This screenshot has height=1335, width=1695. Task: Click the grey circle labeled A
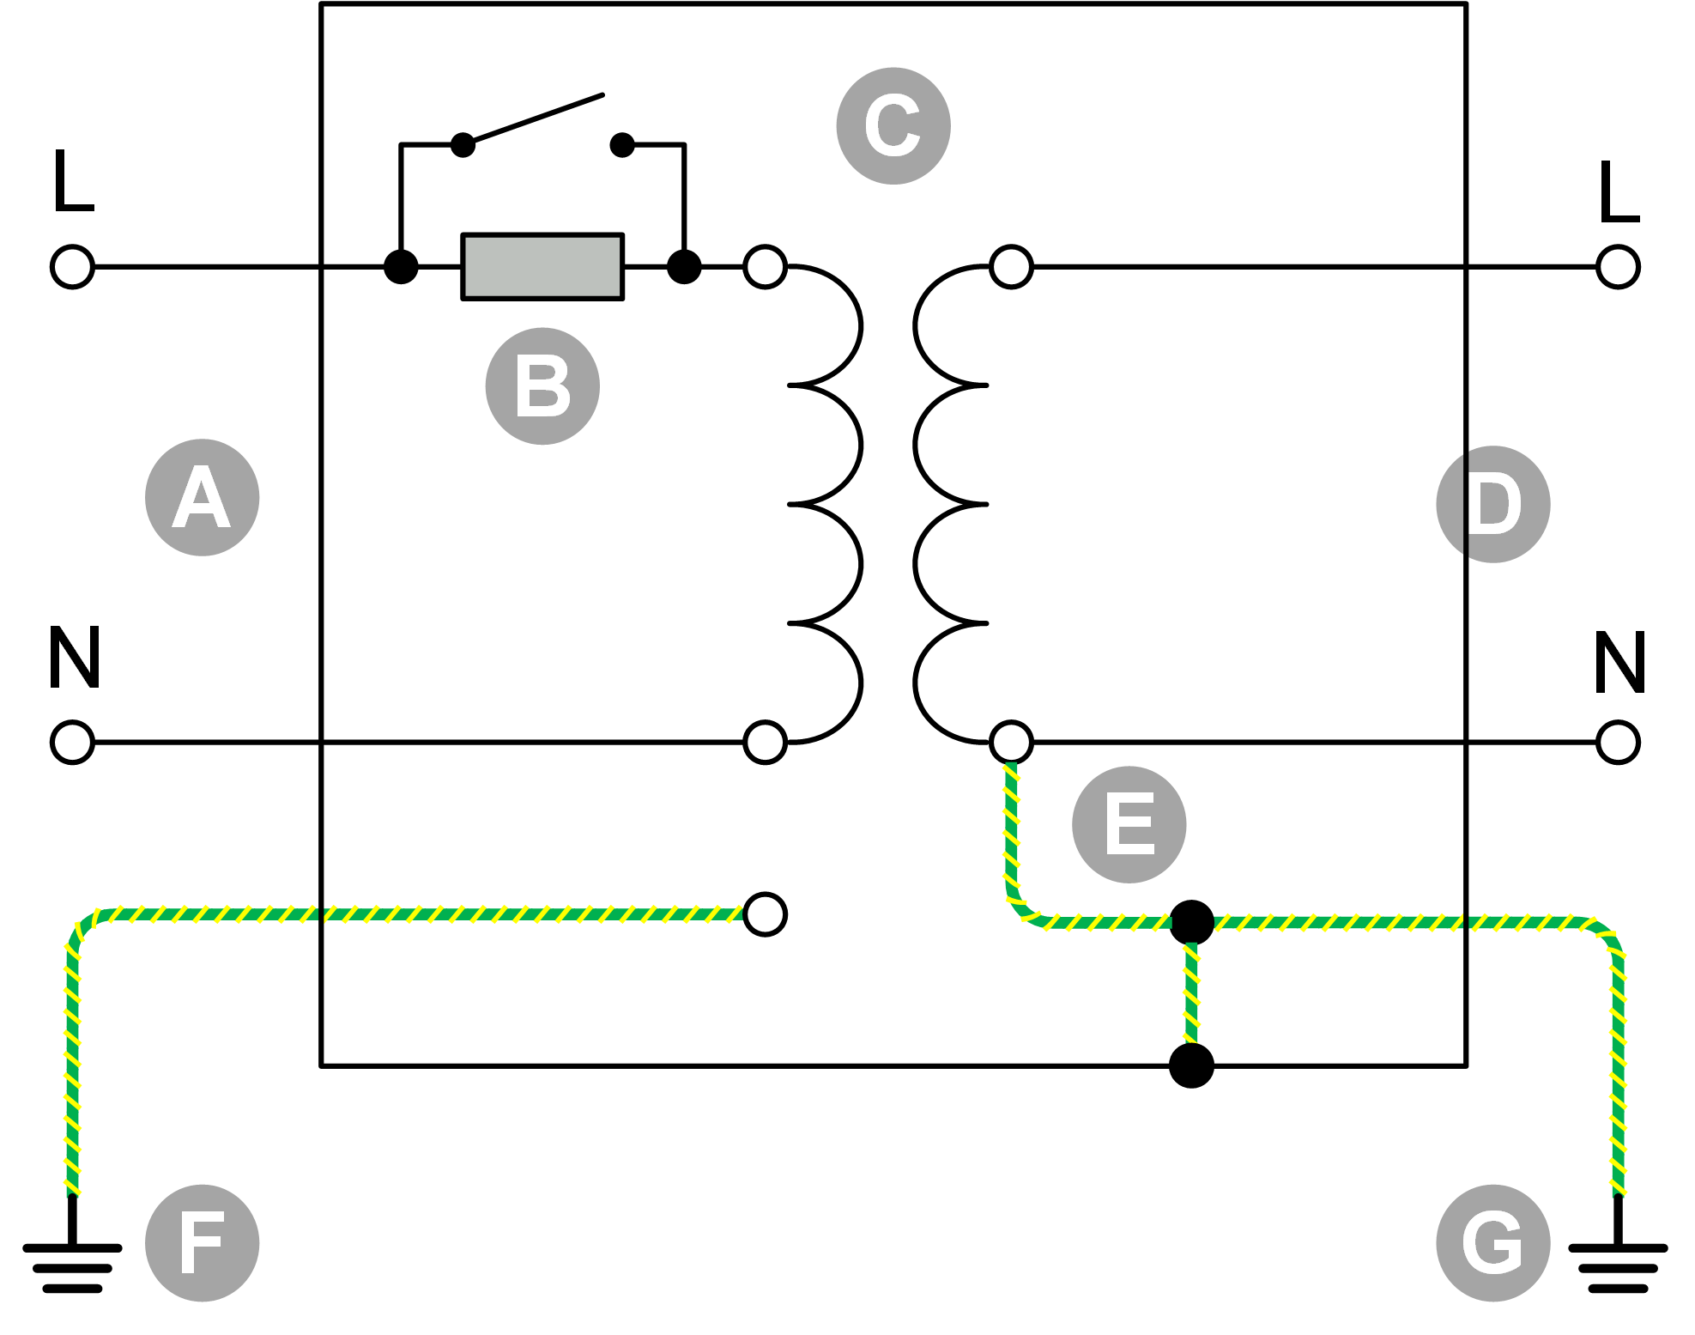[202, 498]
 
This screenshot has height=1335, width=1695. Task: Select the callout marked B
[542, 386]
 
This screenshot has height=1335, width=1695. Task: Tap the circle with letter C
[893, 126]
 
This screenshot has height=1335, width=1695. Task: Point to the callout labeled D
[1492, 505]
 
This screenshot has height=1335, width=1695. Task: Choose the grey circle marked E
[1129, 824]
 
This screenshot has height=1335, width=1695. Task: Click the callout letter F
[202, 1243]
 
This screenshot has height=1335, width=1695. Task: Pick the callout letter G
[1492, 1243]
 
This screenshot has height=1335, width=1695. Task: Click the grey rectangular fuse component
[542, 267]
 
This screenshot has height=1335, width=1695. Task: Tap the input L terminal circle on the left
[72, 267]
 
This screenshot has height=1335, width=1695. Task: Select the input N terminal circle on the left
[72, 743]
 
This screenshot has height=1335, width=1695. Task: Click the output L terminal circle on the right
[1618, 267]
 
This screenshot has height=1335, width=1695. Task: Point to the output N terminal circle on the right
[1618, 743]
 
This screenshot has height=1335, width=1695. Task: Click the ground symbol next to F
[72, 1266]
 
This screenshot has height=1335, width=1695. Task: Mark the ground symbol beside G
[1618, 1266]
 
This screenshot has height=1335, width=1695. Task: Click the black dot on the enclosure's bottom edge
[1191, 1065]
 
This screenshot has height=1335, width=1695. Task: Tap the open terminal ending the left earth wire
[765, 914]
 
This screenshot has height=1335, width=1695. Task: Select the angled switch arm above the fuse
[536, 118]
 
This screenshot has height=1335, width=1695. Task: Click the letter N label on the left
[75, 658]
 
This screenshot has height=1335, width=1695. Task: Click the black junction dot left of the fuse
[401, 267]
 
